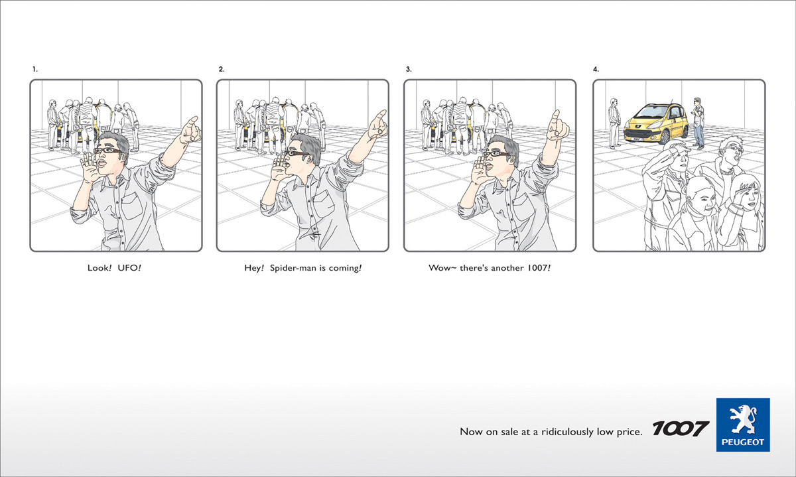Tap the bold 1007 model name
[681, 429]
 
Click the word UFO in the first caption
[127, 267]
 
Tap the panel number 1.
[34, 69]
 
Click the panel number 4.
[596, 69]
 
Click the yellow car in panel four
[656, 123]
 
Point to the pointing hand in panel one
[190, 131]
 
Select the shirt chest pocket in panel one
[131, 206]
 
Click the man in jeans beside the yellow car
[698, 123]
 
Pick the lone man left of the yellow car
[614, 123]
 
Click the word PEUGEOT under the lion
[743, 443]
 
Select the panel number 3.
[409, 69]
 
